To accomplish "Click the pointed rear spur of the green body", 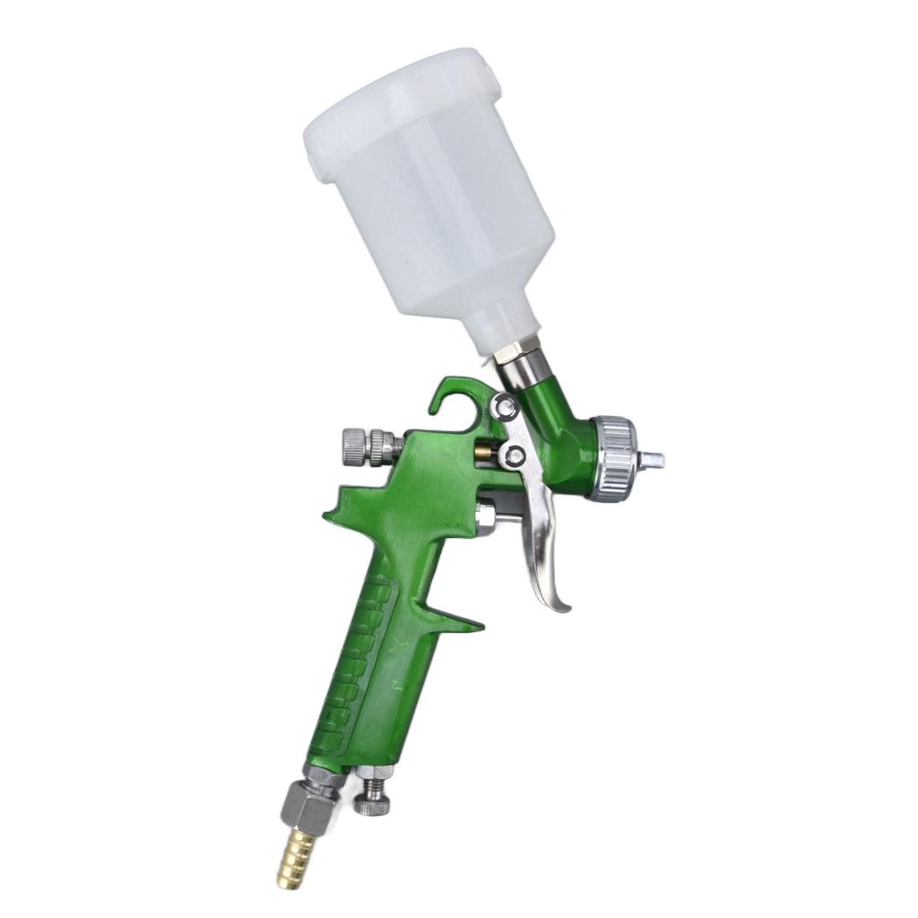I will click(x=333, y=510).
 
